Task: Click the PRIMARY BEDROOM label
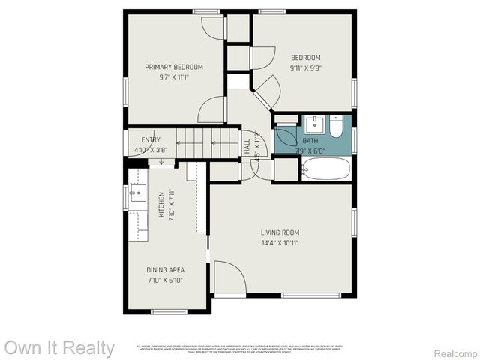(x=174, y=67)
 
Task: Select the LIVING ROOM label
(x=280, y=232)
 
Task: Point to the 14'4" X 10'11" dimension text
(x=280, y=243)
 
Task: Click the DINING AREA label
(x=166, y=270)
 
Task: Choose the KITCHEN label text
(x=161, y=205)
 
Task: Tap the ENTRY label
(x=151, y=139)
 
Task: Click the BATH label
(x=310, y=140)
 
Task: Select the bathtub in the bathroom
(x=326, y=169)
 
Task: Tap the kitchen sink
(x=137, y=196)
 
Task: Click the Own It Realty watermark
(x=59, y=348)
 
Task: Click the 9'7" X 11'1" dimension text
(x=174, y=76)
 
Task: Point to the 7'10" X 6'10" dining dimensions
(x=166, y=280)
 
